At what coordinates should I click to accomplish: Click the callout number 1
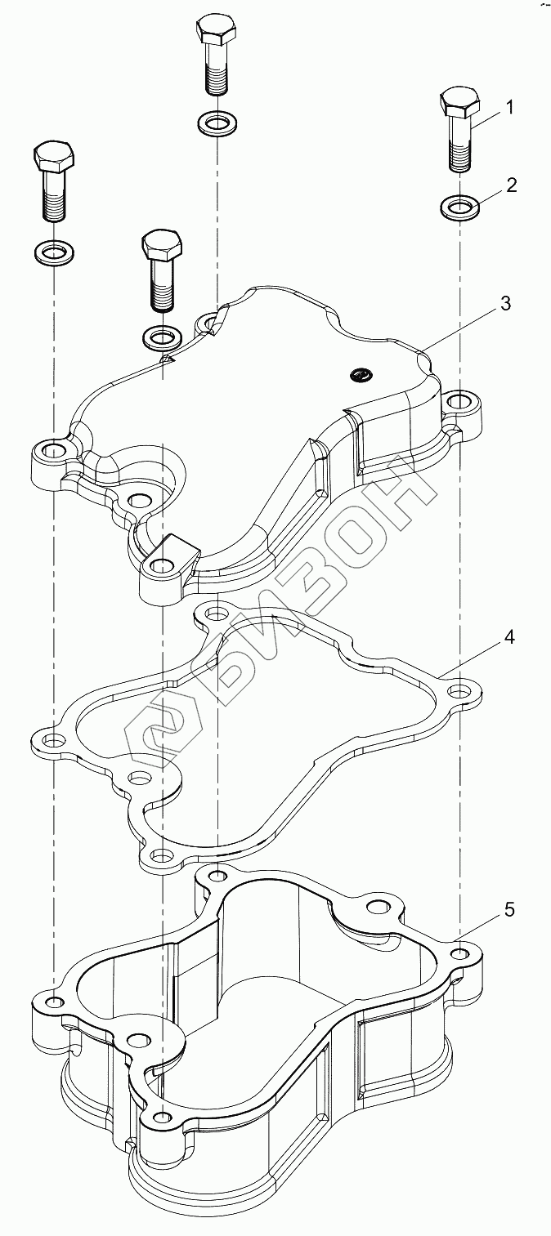(508, 107)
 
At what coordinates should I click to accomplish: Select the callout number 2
(511, 185)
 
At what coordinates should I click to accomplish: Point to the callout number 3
(505, 304)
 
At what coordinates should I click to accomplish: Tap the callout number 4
(508, 637)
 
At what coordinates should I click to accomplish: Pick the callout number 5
(508, 909)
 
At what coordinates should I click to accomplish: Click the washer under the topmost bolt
(217, 124)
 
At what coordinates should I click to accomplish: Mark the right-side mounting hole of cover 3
(459, 401)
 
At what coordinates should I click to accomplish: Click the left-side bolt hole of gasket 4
(53, 741)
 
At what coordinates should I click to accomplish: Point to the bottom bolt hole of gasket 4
(163, 856)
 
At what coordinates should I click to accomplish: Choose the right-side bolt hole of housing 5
(461, 953)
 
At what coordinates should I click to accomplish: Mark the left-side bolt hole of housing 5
(53, 1002)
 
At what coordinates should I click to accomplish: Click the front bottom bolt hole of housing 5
(163, 1117)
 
